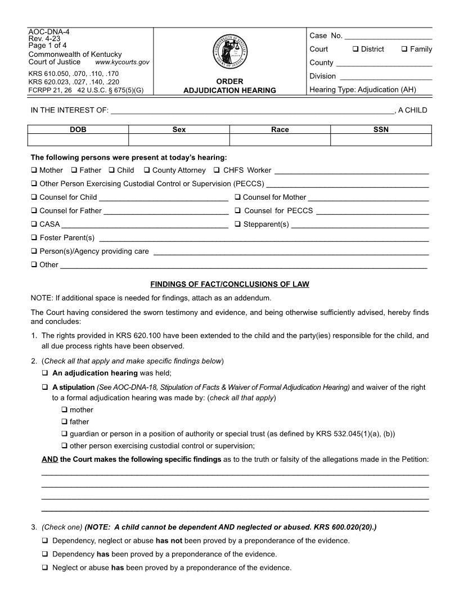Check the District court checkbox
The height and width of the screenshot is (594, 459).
(355, 49)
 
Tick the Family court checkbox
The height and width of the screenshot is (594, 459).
(404, 49)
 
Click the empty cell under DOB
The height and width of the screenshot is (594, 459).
(78, 140)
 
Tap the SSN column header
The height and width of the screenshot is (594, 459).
(381, 129)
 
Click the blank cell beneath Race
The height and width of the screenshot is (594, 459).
(280, 140)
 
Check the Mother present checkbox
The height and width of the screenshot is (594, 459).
(34, 170)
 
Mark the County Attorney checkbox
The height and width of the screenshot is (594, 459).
(147, 170)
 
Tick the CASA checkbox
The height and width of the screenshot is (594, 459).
(34, 224)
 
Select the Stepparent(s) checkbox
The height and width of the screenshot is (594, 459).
(238, 224)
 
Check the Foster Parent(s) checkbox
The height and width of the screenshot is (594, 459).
(34, 237)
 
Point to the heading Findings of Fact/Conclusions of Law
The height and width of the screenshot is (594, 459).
(229, 284)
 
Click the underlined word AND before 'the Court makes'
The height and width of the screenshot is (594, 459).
(50, 459)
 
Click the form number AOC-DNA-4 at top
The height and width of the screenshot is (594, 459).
(45, 31)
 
